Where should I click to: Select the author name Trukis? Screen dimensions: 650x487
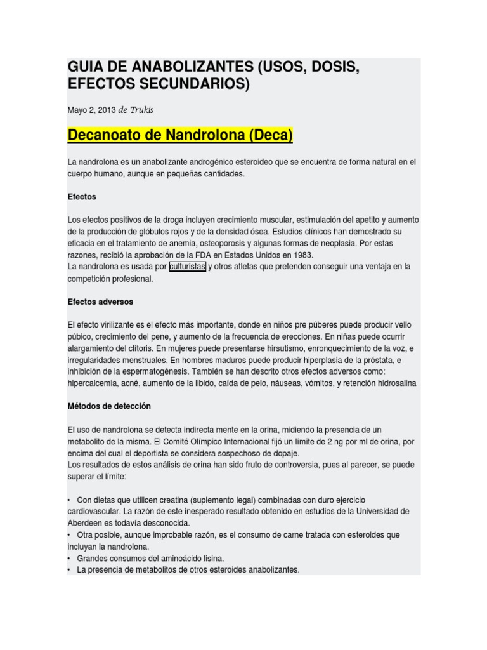click(x=143, y=110)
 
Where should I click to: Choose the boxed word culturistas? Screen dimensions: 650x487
click(x=187, y=267)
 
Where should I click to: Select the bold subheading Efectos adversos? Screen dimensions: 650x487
click(x=100, y=302)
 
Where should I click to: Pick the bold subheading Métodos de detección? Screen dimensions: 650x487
click(x=109, y=406)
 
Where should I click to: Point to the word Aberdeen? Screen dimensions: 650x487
click(x=87, y=523)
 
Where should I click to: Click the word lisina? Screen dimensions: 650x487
click(x=212, y=559)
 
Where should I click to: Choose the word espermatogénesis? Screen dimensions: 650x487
click(x=137, y=371)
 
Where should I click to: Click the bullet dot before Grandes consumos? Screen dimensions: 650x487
click(x=69, y=559)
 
